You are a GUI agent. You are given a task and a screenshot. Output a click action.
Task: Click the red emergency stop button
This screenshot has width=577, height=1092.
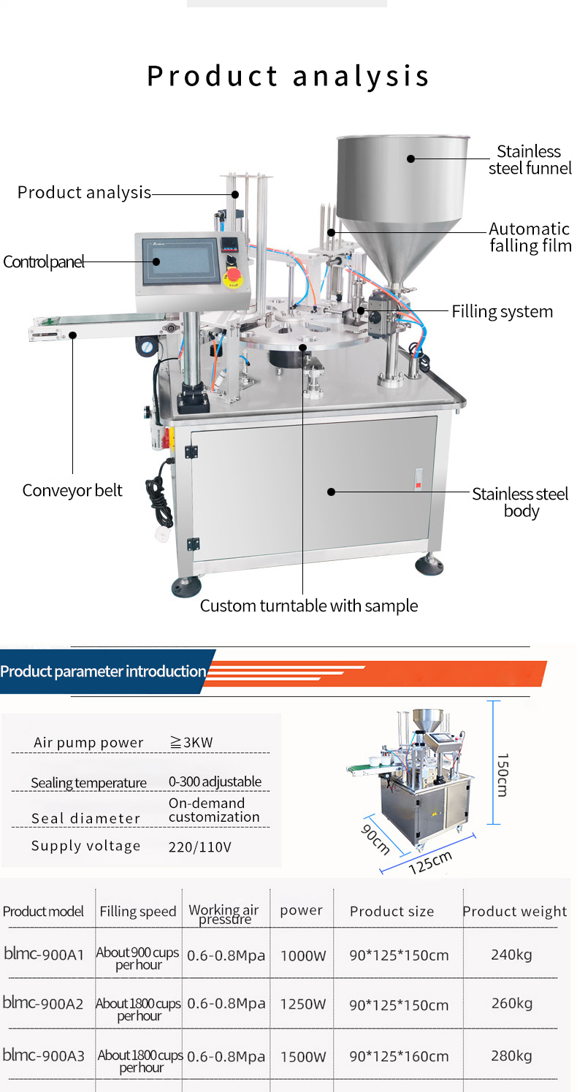pyautogui.click(x=234, y=276)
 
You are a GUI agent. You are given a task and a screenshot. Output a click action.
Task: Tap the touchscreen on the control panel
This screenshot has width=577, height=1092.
pyautogui.click(x=181, y=260)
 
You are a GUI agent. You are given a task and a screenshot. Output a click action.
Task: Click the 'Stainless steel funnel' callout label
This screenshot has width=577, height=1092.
pyautogui.click(x=530, y=159)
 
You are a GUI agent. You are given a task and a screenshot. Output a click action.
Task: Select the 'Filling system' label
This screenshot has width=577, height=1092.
pyautogui.click(x=502, y=311)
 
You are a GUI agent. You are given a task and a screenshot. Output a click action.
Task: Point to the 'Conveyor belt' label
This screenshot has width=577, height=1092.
pyautogui.click(x=72, y=490)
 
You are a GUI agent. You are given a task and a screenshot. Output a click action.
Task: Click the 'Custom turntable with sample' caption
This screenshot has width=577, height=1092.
pyautogui.click(x=308, y=606)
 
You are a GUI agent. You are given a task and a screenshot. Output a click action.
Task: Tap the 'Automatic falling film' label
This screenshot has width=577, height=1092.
pyautogui.click(x=530, y=237)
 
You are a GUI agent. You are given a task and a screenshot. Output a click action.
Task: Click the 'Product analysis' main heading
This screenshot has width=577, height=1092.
pyautogui.click(x=288, y=76)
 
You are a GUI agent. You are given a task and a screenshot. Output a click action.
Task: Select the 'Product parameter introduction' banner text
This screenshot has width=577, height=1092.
pyautogui.click(x=103, y=671)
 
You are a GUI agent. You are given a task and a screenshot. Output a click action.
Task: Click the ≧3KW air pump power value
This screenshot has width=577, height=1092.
pyautogui.click(x=191, y=742)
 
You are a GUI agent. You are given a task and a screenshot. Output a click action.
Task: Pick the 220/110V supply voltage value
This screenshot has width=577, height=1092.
pyautogui.click(x=200, y=847)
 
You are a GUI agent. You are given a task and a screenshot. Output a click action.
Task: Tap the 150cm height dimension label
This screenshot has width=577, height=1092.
pyautogui.click(x=503, y=775)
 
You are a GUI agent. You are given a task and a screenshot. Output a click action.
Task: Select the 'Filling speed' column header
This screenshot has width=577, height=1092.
pyautogui.click(x=138, y=911)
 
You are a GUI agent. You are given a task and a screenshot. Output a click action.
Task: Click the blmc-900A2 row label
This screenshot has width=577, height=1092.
pyautogui.click(x=43, y=1003)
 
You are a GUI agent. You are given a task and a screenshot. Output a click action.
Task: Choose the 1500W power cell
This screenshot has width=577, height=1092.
pyautogui.click(x=302, y=1056)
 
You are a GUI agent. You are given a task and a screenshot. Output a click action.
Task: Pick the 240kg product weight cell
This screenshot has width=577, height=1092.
pyautogui.click(x=511, y=954)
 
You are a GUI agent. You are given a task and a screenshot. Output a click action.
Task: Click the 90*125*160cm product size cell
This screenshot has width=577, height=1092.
pyautogui.click(x=399, y=1056)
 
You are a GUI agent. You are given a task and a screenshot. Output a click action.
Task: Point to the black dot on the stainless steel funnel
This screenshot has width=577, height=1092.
pyautogui.click(x=410, y=159)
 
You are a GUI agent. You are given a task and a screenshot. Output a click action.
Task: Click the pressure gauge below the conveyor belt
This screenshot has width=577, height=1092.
pyautogui.click(x=146, y=347)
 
